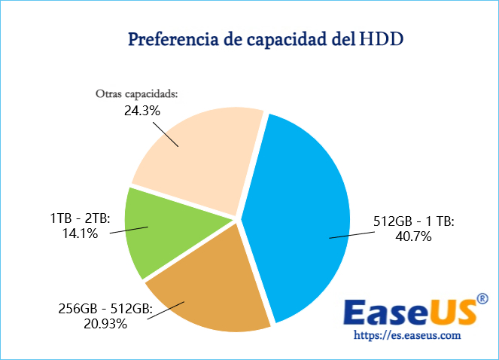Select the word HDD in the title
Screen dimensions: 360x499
[382, 38]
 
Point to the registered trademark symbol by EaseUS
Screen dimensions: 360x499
[482, 301]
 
